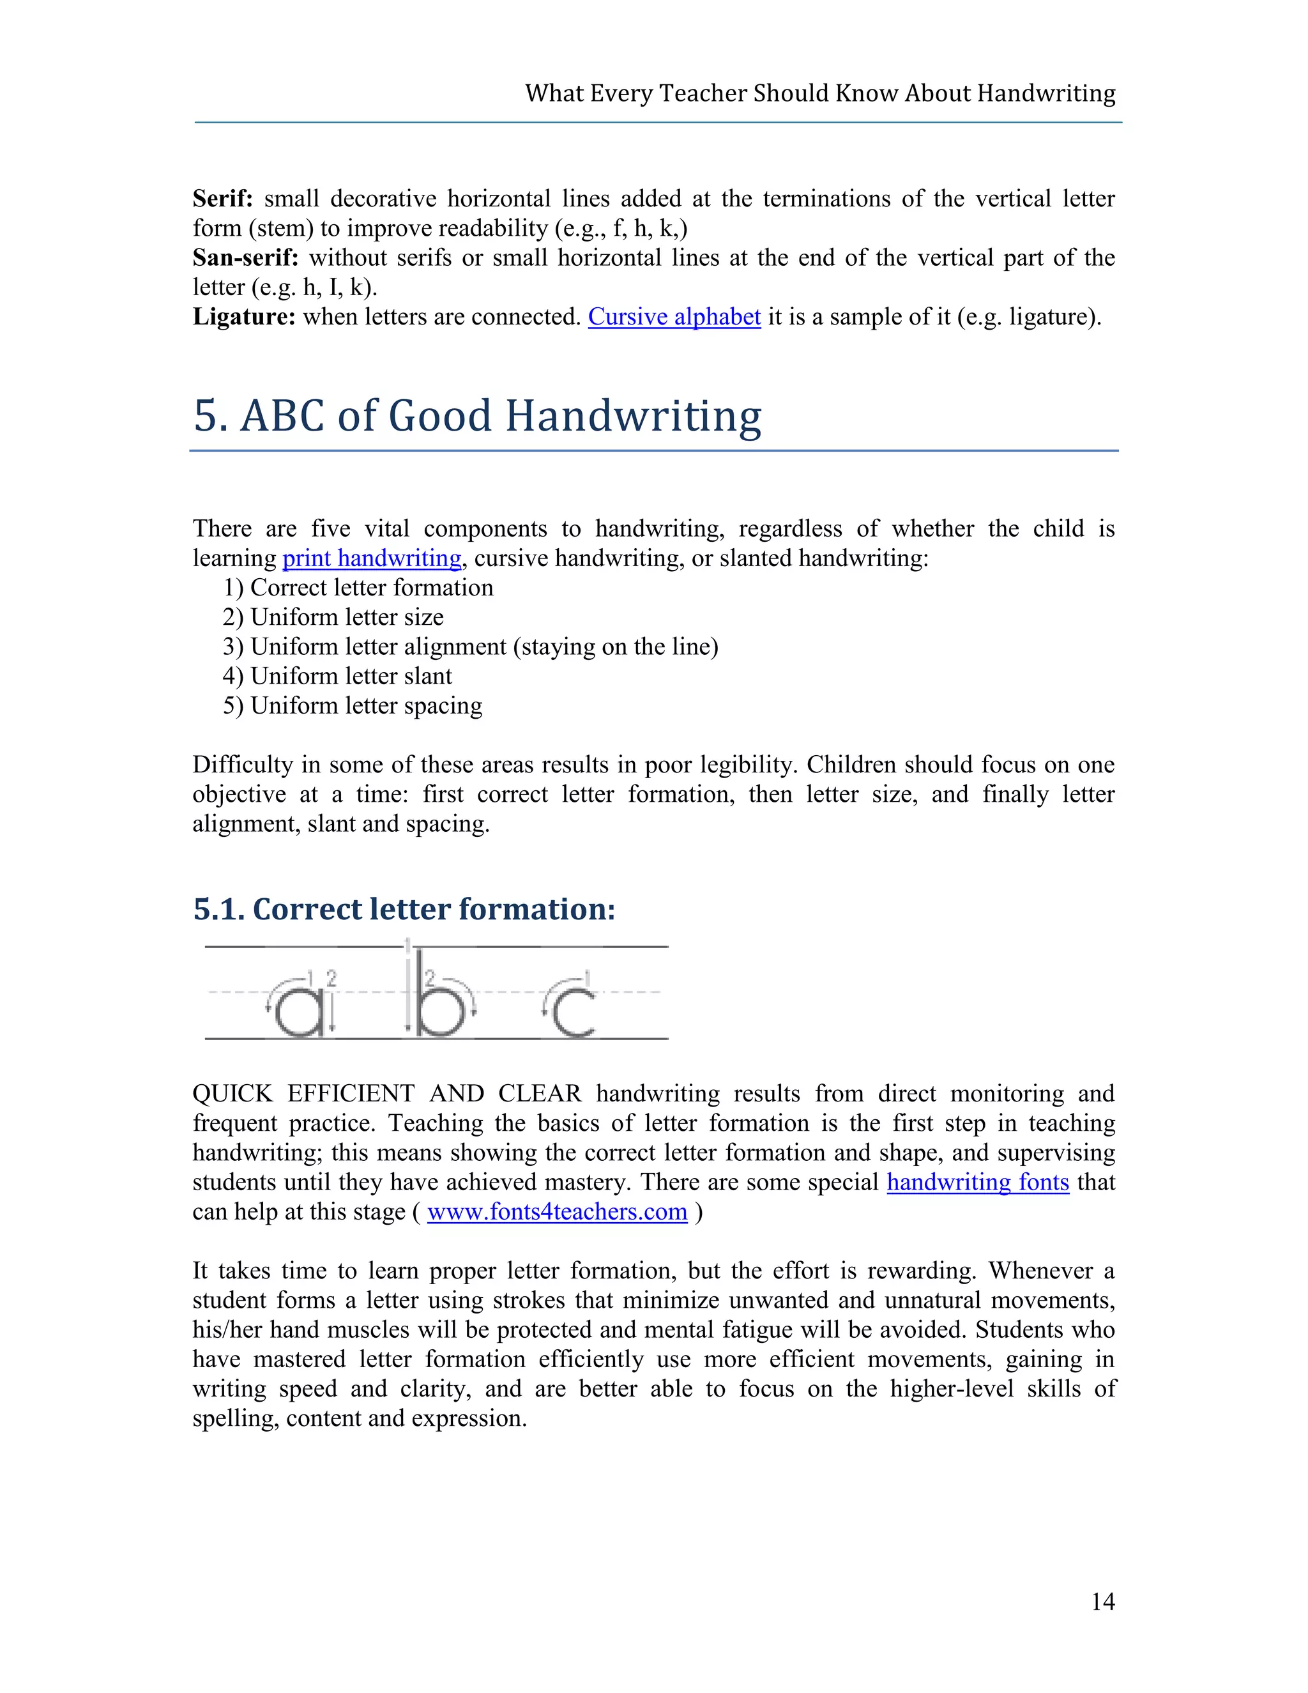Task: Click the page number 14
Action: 1102,1602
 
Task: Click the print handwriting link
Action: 371,558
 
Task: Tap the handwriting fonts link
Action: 977,1182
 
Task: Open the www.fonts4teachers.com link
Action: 556,1211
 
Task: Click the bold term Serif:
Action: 223,199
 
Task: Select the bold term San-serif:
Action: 245,258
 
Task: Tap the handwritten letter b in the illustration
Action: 437,1000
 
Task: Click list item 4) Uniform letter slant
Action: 337,676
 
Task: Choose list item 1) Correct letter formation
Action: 358,588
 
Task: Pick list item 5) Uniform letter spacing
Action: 353,705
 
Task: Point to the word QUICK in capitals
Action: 232,1094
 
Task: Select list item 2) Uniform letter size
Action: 333,617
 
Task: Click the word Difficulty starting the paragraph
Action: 243,765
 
